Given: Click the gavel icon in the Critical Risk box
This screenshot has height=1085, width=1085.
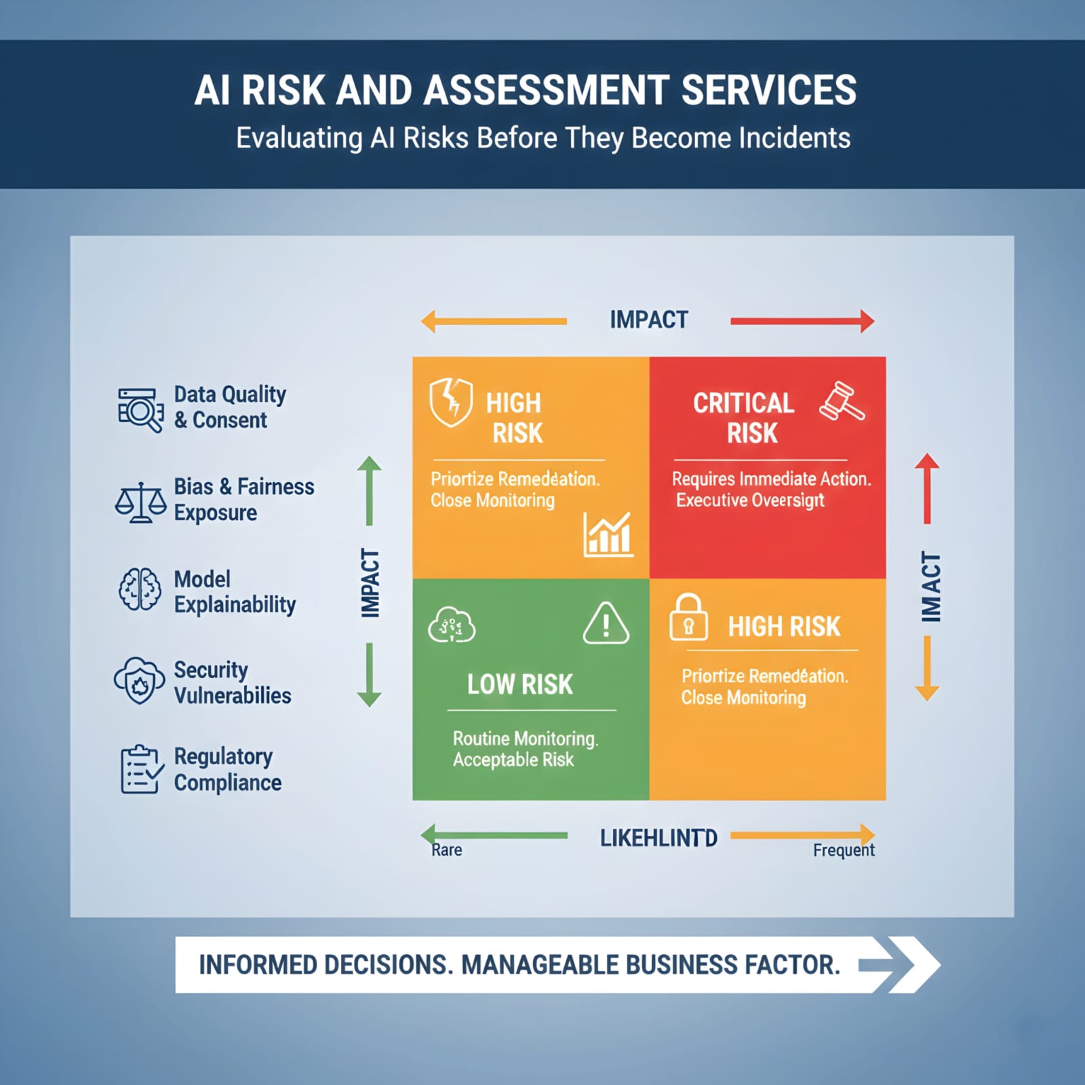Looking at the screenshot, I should tap(842, 401).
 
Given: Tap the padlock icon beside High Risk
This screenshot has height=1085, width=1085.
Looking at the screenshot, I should tap(688, 618).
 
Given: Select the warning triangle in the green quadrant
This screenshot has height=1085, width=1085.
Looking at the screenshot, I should tap(606, 623).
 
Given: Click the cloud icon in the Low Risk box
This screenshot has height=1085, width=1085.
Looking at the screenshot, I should tap(451, 625).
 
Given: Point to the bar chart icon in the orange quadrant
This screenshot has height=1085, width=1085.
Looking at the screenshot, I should tap(608, 535).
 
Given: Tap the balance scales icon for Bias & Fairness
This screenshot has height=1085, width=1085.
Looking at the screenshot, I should tap(140, 502).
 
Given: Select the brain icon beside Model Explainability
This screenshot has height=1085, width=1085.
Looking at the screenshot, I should tap(140, 589).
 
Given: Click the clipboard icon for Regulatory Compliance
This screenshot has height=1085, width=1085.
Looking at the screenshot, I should tap(141, 769).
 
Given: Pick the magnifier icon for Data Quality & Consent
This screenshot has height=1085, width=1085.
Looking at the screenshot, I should tap(140, 410).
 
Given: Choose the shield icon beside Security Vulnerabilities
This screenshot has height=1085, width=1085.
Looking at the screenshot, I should tap(140, 680).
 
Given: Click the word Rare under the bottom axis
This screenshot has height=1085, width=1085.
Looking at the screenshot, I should tap(447, 850).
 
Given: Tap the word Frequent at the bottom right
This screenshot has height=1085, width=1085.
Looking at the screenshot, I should tap(844, 850).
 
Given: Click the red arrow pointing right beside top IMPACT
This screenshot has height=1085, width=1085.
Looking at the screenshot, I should tap(802, 321).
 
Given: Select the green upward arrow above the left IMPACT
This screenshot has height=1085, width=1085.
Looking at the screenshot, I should tap(370, 490).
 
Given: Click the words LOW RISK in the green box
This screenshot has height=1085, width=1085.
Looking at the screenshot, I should tap(520, 684).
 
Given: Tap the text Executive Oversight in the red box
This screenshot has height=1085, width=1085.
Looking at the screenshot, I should tap(750, 500).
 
